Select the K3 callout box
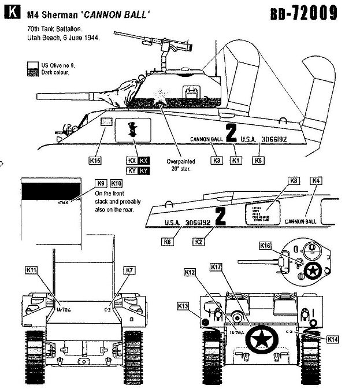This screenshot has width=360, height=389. click(217, 160)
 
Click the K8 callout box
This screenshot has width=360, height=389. click(295, 181)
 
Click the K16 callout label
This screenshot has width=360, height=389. click(265, 246)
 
